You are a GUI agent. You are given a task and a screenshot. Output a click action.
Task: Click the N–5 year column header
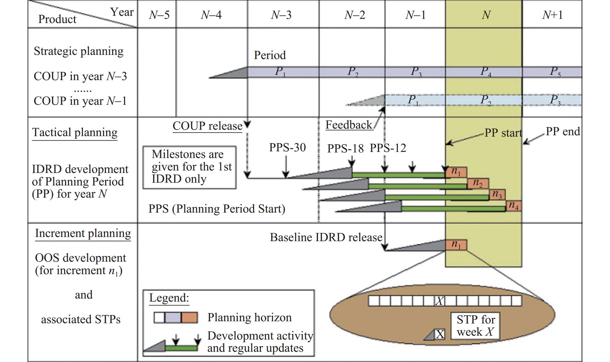pyautogui.click(x=159, y=15)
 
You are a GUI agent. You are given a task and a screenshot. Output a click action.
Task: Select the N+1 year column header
pyautogui.click(x=552, y=15)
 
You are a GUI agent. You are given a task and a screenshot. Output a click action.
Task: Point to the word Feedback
pyautogui.click(x=349, y=125)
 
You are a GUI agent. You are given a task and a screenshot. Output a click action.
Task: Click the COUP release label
pyautogui.click(x=208, y=126)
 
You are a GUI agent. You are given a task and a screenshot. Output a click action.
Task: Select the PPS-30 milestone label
pyautogui.click(x=288, y=147)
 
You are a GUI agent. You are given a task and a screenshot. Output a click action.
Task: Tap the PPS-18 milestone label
pyautogui.click(x=345, y=149)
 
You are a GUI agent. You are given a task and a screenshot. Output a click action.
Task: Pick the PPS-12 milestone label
pyautogui.click(x=388, y=148)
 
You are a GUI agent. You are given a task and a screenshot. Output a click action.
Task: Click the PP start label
pyautogui.click(x=503, y=133)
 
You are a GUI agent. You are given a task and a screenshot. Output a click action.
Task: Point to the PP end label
pyautogui.click(x=563, y=132)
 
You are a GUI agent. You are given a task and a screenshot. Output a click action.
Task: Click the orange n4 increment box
pyautogui.click(x=514, y=206)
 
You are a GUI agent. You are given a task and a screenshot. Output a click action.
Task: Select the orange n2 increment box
pyautogui.click(x=478, y=184)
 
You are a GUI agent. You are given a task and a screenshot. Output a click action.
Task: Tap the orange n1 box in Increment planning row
pyautogui.click(x=456, y=245)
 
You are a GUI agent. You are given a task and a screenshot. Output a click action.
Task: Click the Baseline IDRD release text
pyautogui.click(x=326, y=238)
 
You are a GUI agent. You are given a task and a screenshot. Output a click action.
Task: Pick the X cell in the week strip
pyautogui.click(x=440, y=301)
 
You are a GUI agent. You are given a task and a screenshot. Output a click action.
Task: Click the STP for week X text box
pyautogui.click(x=475, y=326)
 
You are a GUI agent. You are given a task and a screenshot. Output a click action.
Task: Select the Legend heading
pyautogui.click(x=169, y=298)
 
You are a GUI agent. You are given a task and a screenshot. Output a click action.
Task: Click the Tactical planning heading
pyautogui.click(x=75, y=132)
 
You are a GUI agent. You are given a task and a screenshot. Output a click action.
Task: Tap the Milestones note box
pyautogui.click(x=190, y=167)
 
